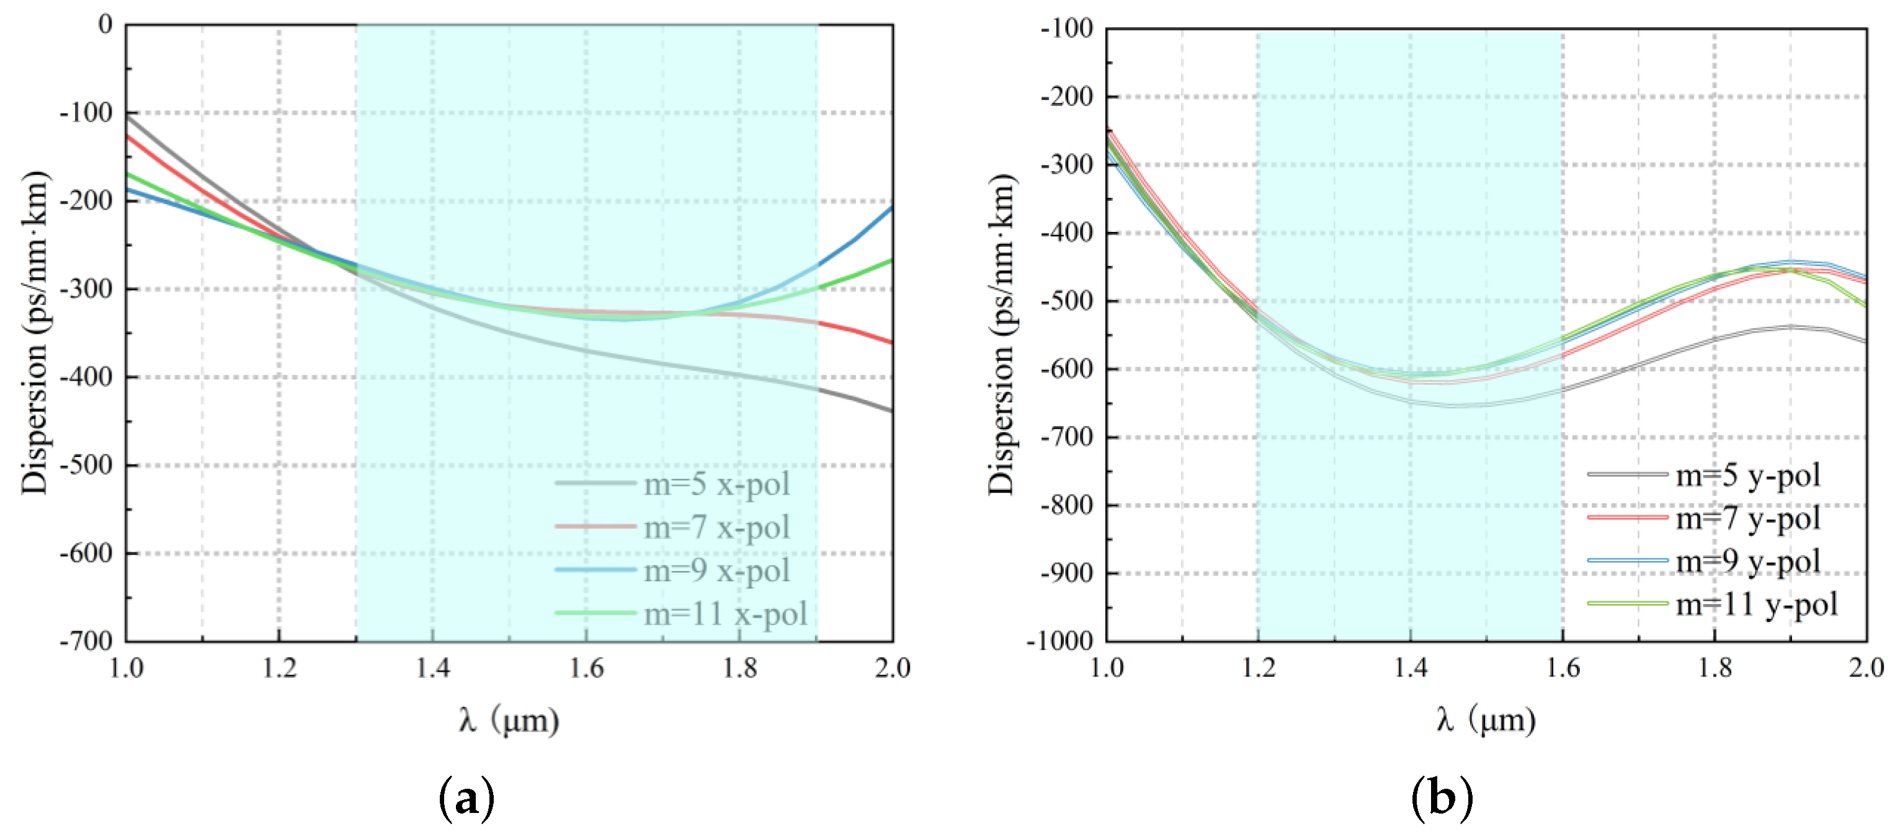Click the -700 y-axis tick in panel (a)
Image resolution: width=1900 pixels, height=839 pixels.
click(x=86, y=641)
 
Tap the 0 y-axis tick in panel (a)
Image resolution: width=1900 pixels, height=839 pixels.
click(x=105, y=24)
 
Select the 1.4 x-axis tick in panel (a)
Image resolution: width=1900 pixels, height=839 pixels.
click(x=432, y=668)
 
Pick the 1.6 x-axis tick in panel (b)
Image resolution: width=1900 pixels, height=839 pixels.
click(x=1562, y=668)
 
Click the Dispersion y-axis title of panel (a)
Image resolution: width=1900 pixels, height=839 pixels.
click(x=35, y=332)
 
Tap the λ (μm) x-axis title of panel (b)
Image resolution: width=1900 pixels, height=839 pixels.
click(x=1486, y=719)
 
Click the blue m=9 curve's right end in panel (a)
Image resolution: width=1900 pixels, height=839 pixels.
click(x=891, y=208)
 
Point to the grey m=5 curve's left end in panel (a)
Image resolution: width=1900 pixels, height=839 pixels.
click(x=127, y=116)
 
